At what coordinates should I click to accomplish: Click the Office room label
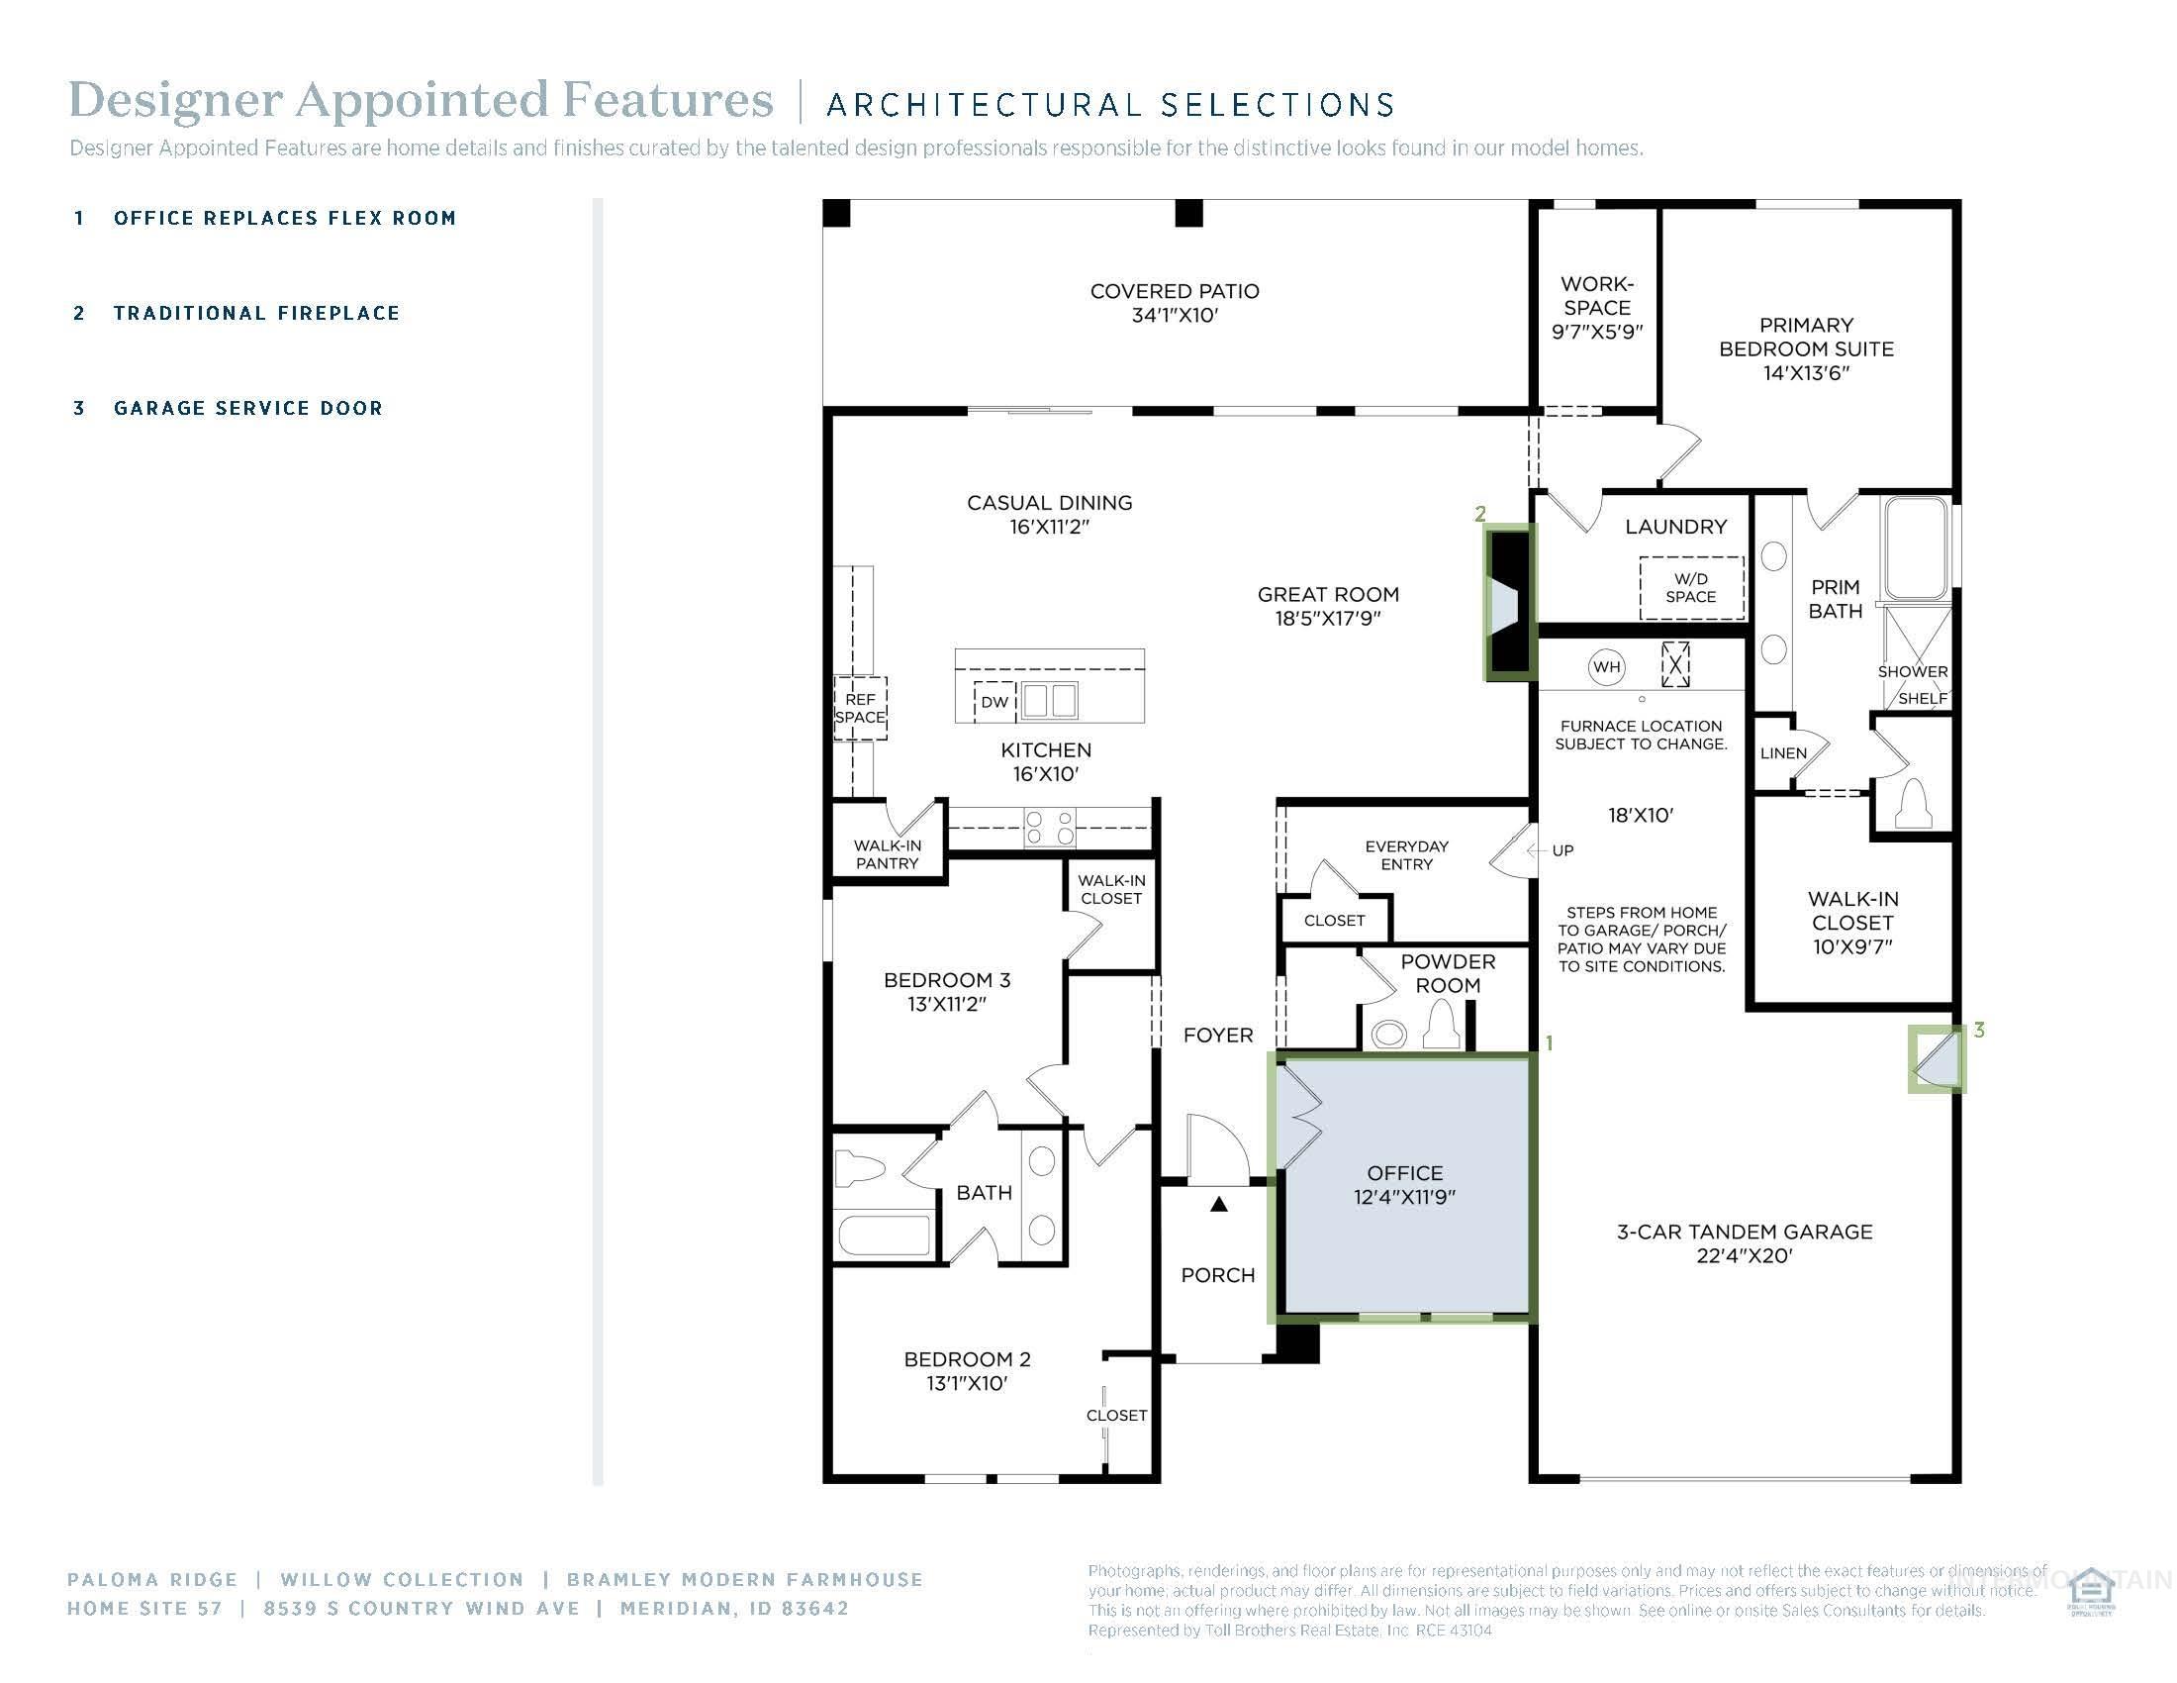1403,1173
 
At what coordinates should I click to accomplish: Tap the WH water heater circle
1606,667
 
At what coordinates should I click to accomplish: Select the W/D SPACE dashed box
1690,587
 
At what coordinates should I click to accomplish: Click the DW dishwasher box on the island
994,702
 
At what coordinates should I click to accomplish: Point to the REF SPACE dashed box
859,708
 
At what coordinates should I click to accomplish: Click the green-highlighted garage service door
1936,1060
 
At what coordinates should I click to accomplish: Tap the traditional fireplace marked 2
1509,604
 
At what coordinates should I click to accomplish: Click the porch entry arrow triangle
1218,1205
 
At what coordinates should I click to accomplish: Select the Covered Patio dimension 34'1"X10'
1175,316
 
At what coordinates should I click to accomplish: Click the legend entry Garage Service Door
247,408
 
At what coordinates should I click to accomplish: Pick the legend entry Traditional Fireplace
256,313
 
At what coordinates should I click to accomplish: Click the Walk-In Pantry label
887,854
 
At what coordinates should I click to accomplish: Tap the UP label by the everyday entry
1562,850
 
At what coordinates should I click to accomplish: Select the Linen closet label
1782,752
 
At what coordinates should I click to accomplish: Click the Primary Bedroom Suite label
1805,347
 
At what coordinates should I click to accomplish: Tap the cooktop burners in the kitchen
1050,828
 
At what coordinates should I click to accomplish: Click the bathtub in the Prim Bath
1914,548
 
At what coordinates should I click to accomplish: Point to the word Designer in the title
175,100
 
